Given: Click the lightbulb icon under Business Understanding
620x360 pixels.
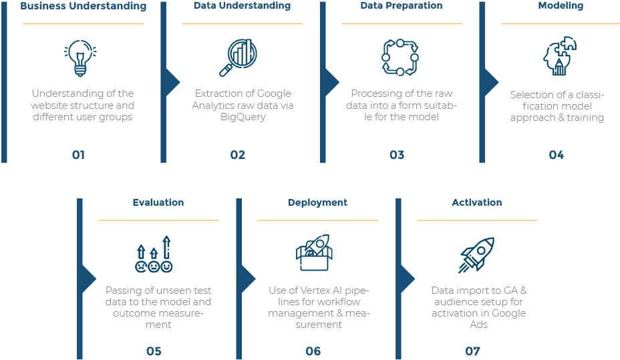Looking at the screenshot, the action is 80,57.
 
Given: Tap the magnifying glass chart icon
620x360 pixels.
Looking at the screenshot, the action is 238,57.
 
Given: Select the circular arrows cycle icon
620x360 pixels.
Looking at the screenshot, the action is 400,57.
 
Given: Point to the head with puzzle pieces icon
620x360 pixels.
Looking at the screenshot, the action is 560,55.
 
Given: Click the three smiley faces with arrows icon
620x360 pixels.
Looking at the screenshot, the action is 154,254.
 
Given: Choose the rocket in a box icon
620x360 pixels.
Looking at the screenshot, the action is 315,252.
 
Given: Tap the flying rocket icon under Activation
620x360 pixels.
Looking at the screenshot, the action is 476,255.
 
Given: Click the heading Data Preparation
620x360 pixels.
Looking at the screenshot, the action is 402,5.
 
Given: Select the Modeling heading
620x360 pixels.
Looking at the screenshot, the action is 561,5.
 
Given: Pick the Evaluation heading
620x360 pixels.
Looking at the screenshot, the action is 158,202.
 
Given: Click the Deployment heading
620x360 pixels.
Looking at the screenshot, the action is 317,203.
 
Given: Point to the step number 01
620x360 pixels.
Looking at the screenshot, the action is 78,155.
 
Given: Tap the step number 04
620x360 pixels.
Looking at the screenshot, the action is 556,155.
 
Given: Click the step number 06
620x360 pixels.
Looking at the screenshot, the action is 313,351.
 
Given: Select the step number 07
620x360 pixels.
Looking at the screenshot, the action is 472,351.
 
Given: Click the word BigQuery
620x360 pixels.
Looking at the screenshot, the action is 243,118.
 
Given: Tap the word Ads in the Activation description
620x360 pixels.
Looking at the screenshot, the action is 478,325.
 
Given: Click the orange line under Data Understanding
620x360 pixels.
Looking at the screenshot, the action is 243,23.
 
